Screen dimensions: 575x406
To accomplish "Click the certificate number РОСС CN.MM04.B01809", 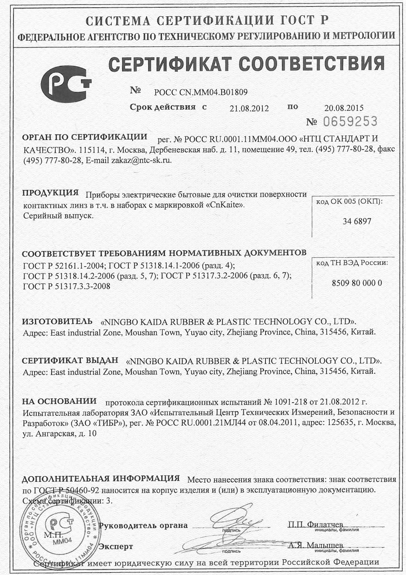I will [x=201, y=92].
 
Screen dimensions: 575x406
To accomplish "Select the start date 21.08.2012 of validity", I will [x=249, y=108].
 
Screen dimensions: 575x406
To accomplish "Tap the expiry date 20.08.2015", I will [x=344, y=108].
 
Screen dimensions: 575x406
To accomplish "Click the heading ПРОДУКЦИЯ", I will [x=50, y=193].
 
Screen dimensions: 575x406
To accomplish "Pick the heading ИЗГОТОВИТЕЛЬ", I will [x=57, y=321].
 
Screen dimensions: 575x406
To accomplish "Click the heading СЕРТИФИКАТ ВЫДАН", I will [x=70, y=360].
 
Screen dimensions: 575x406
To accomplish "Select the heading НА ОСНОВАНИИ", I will [x=59, y=401].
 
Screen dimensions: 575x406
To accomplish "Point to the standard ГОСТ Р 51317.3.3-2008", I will [x=67, y=286].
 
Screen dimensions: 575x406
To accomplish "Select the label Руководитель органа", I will [x=143, y=525].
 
